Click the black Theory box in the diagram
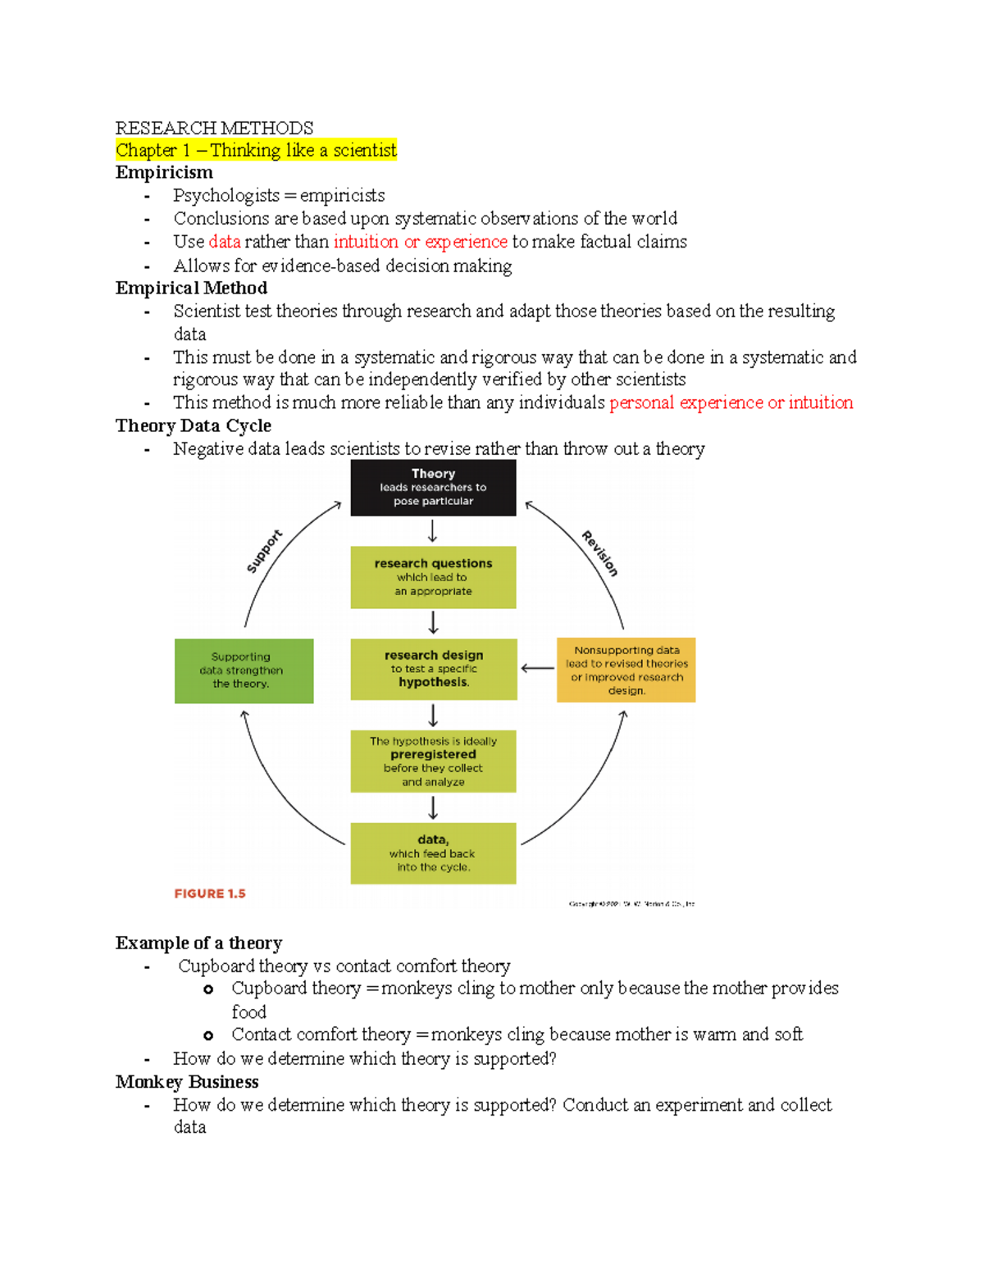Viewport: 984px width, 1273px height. [x=433, y=487]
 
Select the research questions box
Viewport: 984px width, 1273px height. [x=433, y=577]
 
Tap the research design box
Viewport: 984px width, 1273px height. [x=433, y=669]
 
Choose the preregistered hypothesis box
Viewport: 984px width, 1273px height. [x=433, y=761]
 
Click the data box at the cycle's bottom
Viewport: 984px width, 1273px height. [x=433, y=853]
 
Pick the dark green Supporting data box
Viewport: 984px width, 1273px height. [x=244, y=671]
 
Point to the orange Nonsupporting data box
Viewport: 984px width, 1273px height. [x=626, y=670]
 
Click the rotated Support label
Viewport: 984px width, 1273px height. [x=264, y=551]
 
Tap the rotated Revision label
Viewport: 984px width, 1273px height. [x=600, y=553]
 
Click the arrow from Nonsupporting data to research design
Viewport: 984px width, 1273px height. [x=537, y=668]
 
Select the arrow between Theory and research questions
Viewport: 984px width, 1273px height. [x=433, y=531]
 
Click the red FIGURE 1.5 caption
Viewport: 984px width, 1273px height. [x=210, y=893]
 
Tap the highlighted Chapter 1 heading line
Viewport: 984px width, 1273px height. [x=256, y=150]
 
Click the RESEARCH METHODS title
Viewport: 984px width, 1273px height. [x=214, y=128]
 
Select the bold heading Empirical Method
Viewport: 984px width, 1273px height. [x=191, y=288]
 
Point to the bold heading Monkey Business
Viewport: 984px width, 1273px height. [x=187, y=1082]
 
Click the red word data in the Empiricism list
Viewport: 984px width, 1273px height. [x=225, y=242]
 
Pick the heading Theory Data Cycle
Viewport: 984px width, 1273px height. [x=194, y=425]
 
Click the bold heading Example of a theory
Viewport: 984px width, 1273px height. [x=199, y=943]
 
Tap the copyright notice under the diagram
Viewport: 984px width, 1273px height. [x=631, y=903]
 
